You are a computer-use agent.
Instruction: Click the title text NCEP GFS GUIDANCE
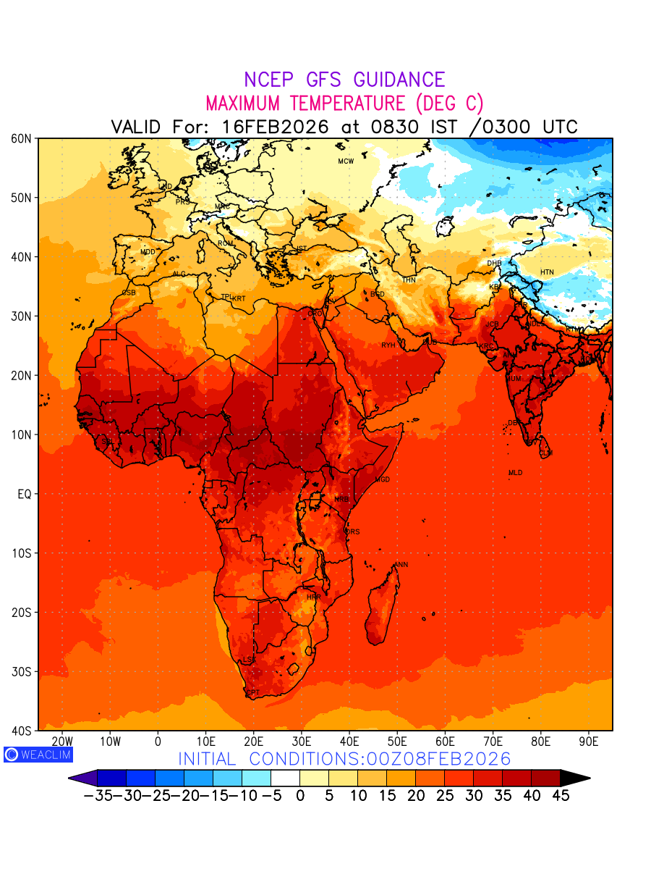(x=344, y=80)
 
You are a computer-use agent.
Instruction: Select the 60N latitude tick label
(x=20, y=138)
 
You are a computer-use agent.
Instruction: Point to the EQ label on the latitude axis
(x=23, y=494)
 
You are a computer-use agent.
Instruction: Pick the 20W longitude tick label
(x=63, y=742)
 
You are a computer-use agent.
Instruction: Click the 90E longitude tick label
(x=589, y=742)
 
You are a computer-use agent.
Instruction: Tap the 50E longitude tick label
(x=397, y=742)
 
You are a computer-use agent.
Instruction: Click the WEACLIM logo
(x=38, y=755)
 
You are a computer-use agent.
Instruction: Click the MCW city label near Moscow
(x=346, y=161)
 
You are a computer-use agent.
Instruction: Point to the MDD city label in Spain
(x=148, y=252)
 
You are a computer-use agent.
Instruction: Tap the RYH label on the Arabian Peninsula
(x=388, y=345)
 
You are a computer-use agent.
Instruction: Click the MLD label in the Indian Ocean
(x=515, y=473)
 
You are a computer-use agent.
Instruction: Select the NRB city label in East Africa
(x=341, y=500)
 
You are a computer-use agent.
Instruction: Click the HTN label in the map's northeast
(x=547, y=272)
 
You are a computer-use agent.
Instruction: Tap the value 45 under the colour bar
(x=561, y=796)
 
